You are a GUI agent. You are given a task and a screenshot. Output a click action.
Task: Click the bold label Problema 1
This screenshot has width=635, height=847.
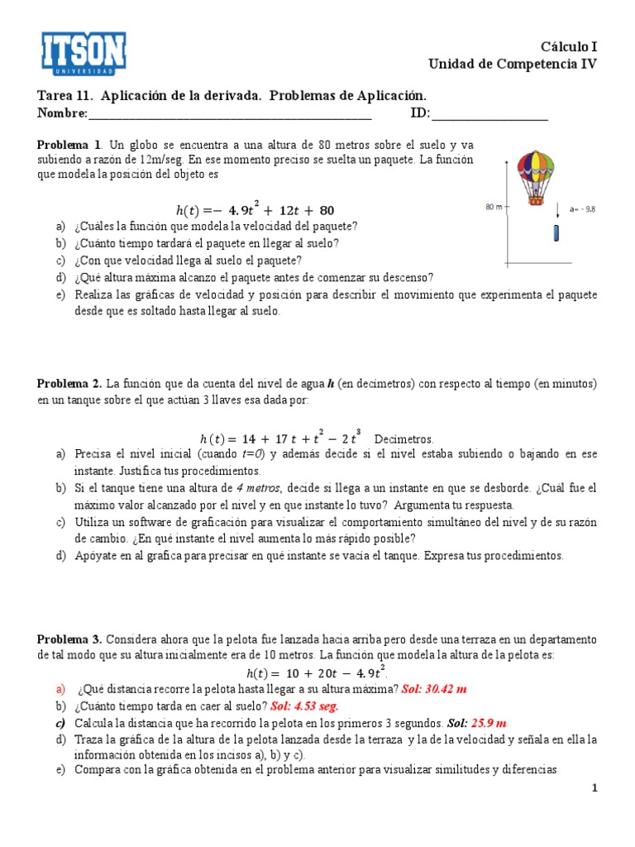[69, 144]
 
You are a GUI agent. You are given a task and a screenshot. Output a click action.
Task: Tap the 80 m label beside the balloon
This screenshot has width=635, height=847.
[494, 207]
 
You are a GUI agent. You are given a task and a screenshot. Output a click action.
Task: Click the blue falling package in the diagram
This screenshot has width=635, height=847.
[557, 233]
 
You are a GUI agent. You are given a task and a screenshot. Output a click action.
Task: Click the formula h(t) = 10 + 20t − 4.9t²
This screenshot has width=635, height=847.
[317, 672]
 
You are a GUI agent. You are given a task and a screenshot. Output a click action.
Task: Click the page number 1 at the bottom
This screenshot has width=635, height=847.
[594, 788]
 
